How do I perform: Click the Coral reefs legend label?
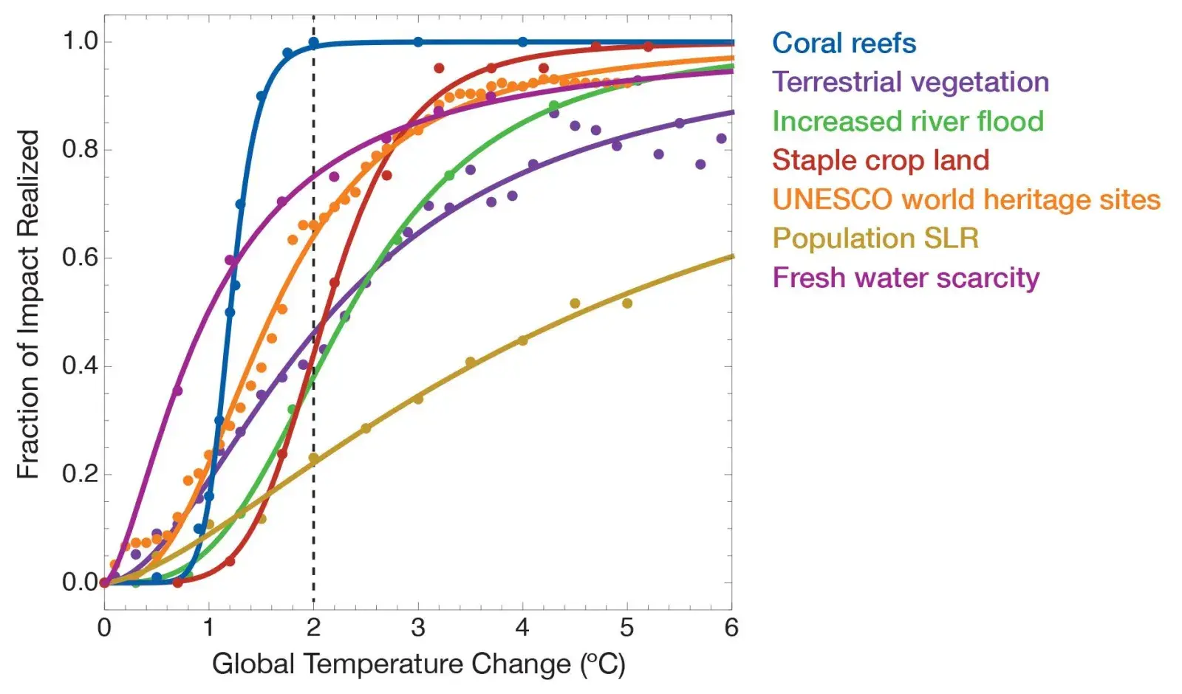pyautogui.click(x=844, y=43)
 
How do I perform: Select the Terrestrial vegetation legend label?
pyautogui.click(x=910, y=82)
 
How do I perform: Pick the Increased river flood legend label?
pyautogui.click(x=908, y=121)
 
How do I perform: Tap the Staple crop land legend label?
pyautogui.click(x=881, y=160)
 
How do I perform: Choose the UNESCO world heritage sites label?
pyautogui.click(x=966, y=199)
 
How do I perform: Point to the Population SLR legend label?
pyautogui.click(x=875, y=238)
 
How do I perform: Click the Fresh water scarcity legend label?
pyautogui.click(x=906, y=278)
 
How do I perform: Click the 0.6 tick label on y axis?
pyautogui.click(x=80, y=258)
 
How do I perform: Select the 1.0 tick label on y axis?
pyautogui.click(x=80, y=41)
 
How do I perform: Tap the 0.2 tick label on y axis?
pyautogui.click(x=80, y=474)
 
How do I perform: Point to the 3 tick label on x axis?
pyautogui.click(x=418, y=628)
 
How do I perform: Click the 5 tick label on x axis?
pyautogui.click(x=627, y=628)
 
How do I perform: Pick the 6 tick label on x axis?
pyautogui.click(x=731, y=628)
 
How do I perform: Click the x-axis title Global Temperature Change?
pyautogui.click(x=418, y=664)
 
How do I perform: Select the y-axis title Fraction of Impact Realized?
pyautogui.click(x=28, y=304)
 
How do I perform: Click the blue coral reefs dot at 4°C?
pyautogui.click(x=522, y=42)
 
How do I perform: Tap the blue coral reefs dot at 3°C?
pyautogui.click(x=418, y=42)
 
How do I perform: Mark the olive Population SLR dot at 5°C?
pyautogui.click(x=627, y=303)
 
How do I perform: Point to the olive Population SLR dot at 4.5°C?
pyautogui.click(x=575, y=303)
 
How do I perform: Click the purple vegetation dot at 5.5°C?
pyautogui.click(x=680, y=123)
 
